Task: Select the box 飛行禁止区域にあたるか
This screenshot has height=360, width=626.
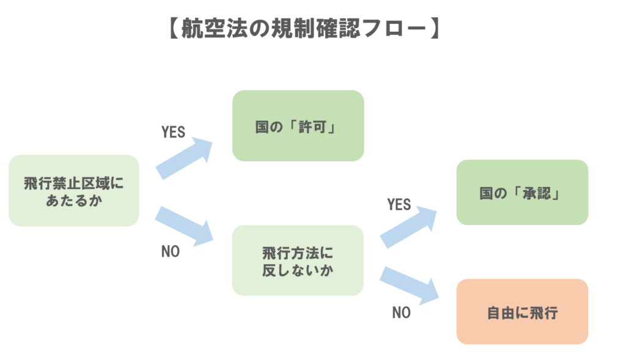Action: pyautogui.click(x=73, y=191)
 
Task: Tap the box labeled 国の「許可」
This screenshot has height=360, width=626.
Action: pyautogui.click(x=298, y=126)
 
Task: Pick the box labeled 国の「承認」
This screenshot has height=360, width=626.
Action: pyautogui.click(x=521, y=193)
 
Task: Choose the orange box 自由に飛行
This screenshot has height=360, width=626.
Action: pyautogui.click(x=521, y=312)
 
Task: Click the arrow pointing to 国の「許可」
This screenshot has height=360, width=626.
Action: pyautogui.click(x=183, y=158)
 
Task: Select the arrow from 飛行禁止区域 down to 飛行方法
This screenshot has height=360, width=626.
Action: pyautogui.click(x=183, y=224)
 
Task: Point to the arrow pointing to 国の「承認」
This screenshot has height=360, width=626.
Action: pyautogui.click(x=408, y=226)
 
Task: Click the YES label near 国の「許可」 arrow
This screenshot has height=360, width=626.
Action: pyautogui.click(x=173, y=133)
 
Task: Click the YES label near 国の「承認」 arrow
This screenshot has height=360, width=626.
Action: pyautogui.click(x=399, y=204)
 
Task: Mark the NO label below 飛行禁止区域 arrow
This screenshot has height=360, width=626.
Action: pyautogui.click(x=170, y=251)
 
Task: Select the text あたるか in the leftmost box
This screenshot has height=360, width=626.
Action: pyautogui.click(x=73, y=200)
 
